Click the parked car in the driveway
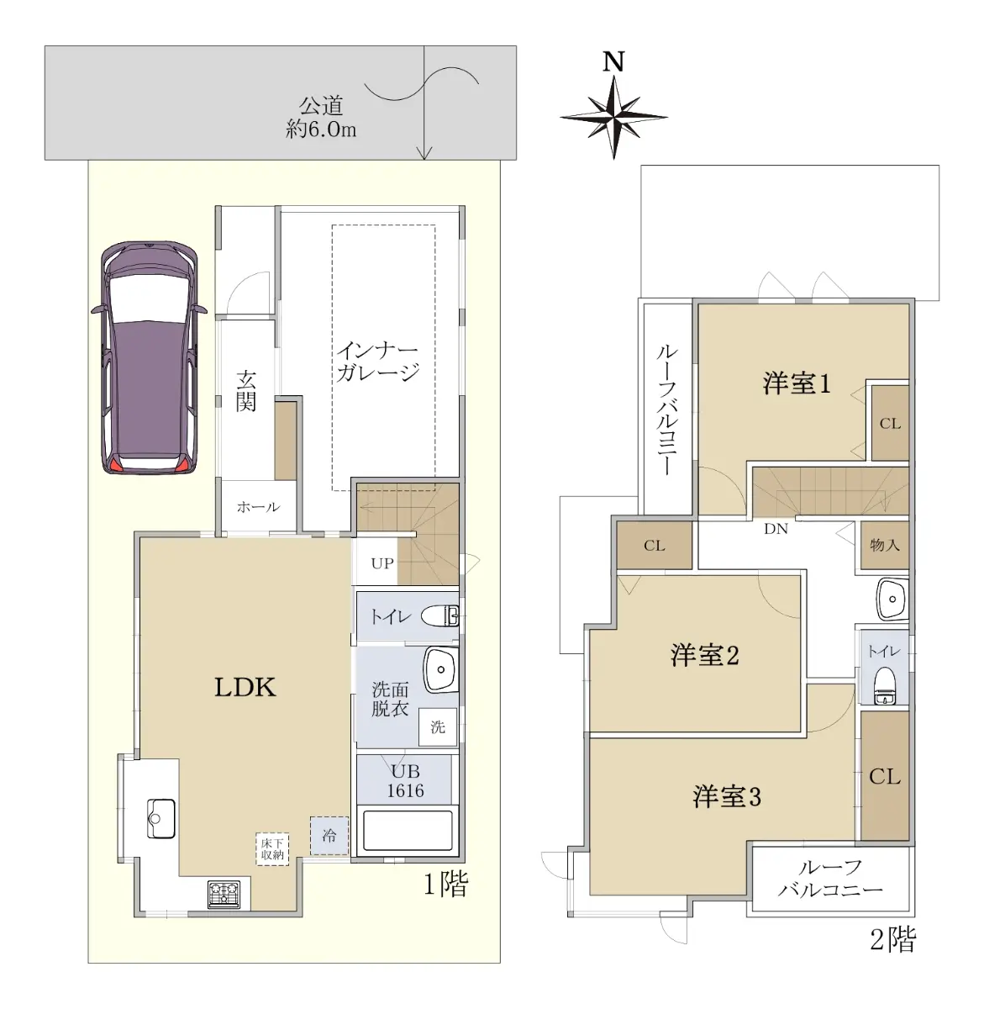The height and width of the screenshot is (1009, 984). click(x=150, y=357)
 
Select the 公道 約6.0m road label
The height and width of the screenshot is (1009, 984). click(x=321, y=117)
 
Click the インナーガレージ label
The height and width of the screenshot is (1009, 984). click(x=377, y=362)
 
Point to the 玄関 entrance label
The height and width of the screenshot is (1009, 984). click(x=246, y=392)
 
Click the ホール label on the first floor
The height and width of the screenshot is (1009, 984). click(x=258, y=506)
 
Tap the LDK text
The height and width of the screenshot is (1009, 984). click(x=245, y=688)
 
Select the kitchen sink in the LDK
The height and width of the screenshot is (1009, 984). click(x=161, y=818)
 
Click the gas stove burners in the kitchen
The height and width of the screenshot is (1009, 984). click(x=224, y=894)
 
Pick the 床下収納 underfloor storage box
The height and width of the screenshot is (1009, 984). click(x=272, y=848)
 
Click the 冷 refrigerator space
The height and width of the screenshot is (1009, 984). click(x=329, y=835)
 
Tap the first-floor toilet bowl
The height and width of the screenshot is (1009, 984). click(x=439, y=616)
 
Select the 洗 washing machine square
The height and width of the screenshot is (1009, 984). click(x=438, y=727)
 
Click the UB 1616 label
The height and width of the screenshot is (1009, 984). click(x=405, y=781)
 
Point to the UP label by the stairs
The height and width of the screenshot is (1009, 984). click(x=381, y=563)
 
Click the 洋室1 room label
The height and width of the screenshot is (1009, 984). click(x=797, y=384)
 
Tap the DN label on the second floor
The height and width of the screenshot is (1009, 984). click(x=776, y=529)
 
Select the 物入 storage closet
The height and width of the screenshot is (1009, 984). click(x=885, y=545)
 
